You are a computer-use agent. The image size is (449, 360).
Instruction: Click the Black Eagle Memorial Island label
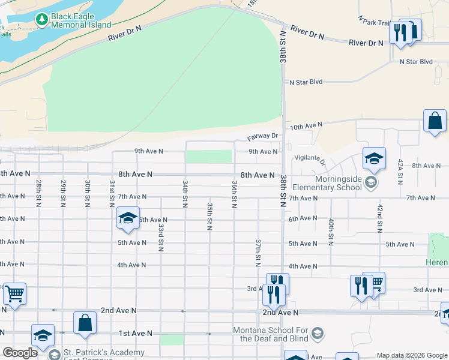81,20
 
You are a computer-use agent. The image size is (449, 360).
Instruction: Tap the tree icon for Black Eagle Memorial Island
41,20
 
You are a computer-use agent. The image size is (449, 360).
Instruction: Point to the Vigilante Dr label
310,159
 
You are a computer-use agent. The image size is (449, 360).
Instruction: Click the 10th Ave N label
306,126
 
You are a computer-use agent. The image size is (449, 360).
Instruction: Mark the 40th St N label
331,232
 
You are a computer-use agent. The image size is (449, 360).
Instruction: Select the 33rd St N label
161,238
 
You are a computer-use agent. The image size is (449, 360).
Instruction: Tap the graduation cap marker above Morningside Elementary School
374,159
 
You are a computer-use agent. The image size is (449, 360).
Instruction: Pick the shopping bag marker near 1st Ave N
85,323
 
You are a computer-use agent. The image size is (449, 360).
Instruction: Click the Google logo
20,353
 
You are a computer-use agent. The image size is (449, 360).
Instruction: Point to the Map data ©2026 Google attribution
411,355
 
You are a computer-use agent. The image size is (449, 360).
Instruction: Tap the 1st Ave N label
136,333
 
